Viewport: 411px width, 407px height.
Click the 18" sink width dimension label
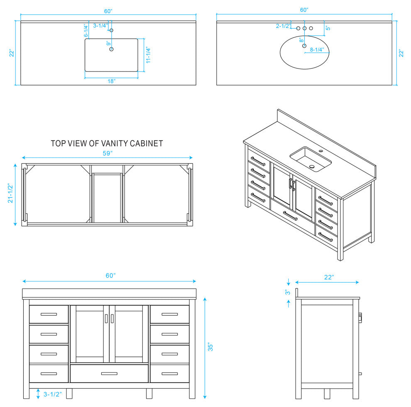click(111, 81)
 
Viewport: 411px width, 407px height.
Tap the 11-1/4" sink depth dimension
click(148, 55)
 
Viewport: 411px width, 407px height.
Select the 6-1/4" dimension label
click(86, 31)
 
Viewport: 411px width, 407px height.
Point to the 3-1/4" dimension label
click(100, 26)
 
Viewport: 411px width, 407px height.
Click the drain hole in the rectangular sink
click(111, 49)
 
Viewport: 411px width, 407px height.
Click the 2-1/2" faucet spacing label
click(283, 26)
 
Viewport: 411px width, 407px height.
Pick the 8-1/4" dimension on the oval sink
click(317, 49)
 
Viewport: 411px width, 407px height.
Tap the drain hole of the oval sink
click(304, 46)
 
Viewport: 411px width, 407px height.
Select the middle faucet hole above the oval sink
click(305, 28)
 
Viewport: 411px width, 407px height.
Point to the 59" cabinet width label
click(108, 153)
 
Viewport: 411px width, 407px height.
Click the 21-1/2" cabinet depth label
click(10, 193)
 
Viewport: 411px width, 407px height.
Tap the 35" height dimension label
click(210, 347)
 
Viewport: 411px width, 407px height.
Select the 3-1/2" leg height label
click(53, 394)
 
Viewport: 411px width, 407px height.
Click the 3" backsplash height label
click(288, 292)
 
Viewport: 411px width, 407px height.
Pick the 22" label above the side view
click(329, 277)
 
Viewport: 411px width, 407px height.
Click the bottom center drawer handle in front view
click(109, 374)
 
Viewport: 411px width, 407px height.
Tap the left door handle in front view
click(106, 319)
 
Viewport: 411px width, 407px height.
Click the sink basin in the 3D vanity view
click(311, 159)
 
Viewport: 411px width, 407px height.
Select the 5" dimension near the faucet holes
click(328, 28)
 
